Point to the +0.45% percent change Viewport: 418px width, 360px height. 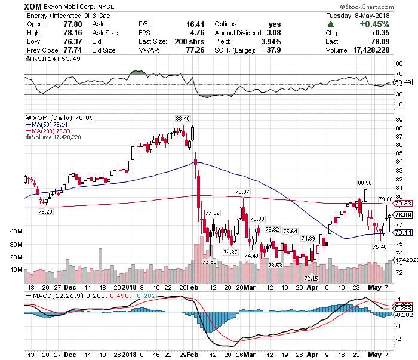(395, 24)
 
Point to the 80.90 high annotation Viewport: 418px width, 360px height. (365, 183)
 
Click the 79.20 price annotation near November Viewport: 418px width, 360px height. (45, 211)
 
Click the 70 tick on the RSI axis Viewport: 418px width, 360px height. (399, 75)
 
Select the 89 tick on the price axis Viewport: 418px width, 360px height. (399, 119)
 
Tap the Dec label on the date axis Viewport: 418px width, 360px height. (70, 354)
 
